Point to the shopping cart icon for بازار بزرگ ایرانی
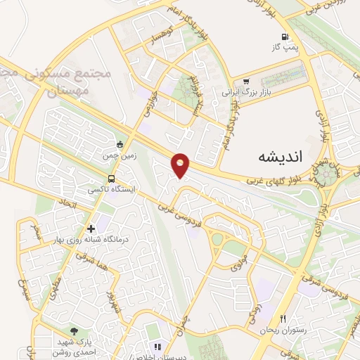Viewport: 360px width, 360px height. click(246, 82)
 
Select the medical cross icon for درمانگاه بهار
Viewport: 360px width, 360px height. click(91, 228)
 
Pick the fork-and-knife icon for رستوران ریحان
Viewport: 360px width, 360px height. click(283, 319)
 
